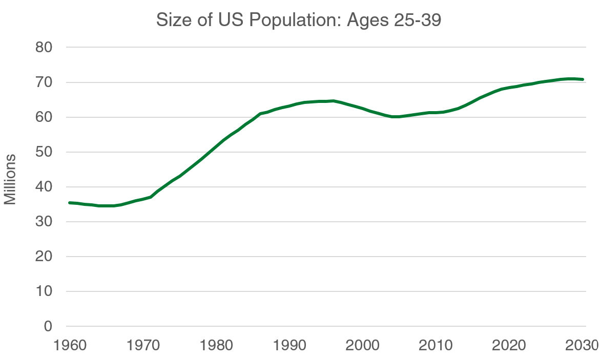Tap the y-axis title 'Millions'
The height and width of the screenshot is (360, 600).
[x=11, y=179]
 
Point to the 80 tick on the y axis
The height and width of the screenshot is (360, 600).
[x=45, y=47]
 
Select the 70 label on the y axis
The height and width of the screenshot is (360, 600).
[x=45, y=82]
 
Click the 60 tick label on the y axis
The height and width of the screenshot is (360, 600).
[x=45, y=117]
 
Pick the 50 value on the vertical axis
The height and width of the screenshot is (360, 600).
[x=45, y=152]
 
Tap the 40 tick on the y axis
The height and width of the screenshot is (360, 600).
[x=45, y=186]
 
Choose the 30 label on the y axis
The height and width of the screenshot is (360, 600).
[x=45, y=221]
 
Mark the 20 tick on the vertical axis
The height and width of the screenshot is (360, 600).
[x=45, y=256]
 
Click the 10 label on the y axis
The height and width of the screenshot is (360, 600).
[x=45, y=291]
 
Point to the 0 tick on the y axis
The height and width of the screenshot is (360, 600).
[x=48, y=326]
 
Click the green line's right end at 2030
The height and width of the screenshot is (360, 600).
[x=583, y=79]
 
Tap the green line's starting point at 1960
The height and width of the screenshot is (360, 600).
[x=70, y=203]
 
